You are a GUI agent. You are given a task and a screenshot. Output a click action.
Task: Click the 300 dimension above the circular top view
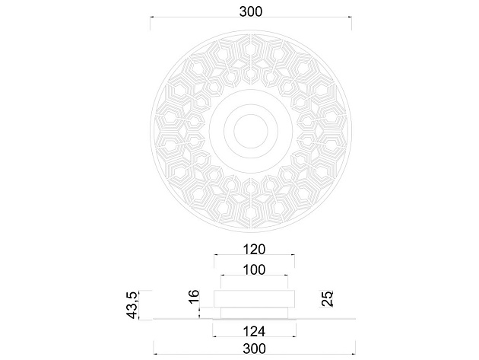tap(250, 11)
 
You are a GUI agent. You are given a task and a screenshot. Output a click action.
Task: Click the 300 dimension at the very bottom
tap(254, 349)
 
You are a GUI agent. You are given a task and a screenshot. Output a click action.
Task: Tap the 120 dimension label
tap(254, 250)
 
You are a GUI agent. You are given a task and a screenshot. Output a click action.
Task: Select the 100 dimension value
tap(254, 270)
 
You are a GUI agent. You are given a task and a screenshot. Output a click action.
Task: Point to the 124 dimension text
tap(254, 331)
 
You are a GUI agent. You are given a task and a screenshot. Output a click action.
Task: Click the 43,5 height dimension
tap(132, 305)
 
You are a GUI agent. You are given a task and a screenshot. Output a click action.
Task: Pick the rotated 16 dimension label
tap(194, 297)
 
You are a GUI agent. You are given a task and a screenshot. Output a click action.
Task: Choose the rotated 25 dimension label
tap(327, 299)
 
